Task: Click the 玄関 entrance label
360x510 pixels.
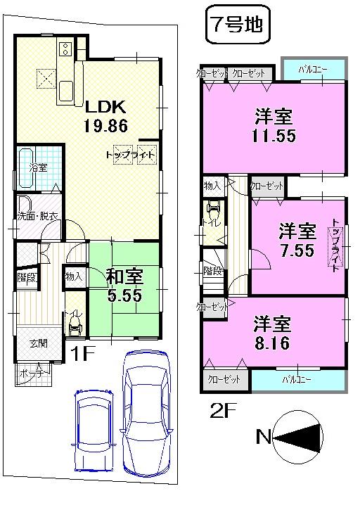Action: (x=37, y=344)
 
